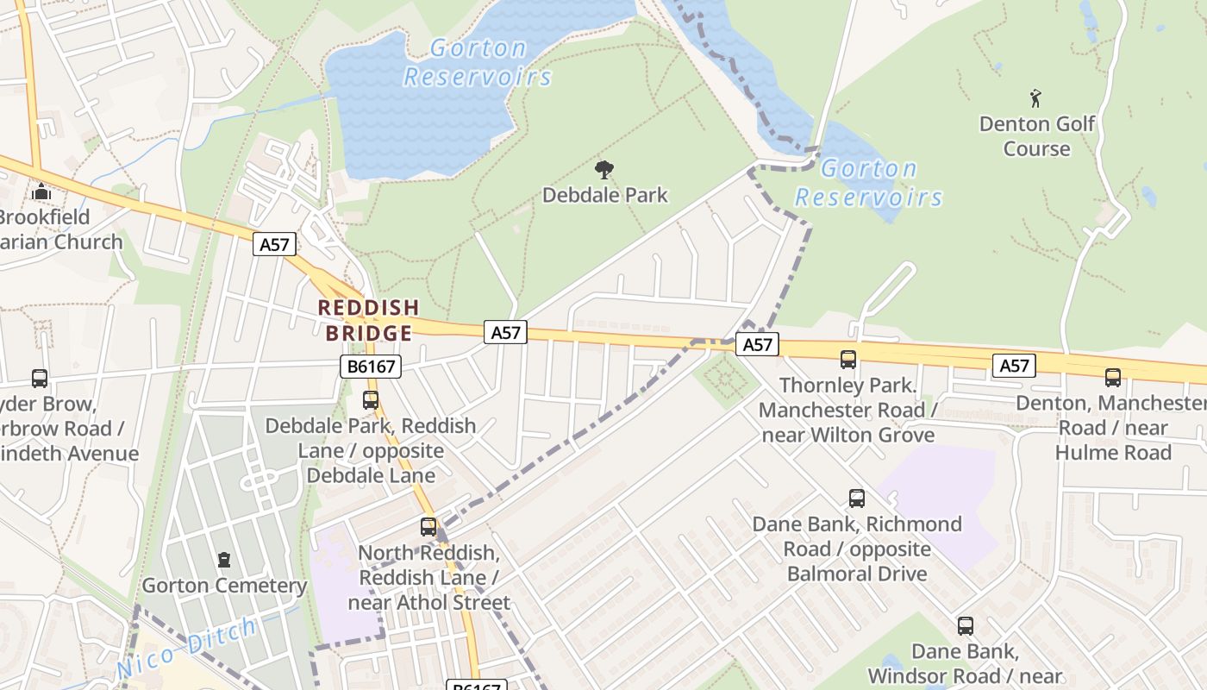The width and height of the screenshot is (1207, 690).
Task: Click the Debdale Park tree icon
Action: [604, 169]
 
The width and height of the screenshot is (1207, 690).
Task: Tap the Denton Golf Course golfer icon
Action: [1035, 98]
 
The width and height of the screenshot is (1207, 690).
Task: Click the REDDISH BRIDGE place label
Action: [368, 320]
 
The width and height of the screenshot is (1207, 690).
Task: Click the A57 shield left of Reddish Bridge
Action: [275, 245]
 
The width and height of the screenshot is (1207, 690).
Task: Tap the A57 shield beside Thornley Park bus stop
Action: [757, 344]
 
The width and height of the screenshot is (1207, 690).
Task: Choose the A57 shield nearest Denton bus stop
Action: [1014, 366]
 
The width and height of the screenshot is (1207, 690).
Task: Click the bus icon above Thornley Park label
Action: [848, 360]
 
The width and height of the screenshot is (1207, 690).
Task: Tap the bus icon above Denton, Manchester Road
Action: [1113, 377]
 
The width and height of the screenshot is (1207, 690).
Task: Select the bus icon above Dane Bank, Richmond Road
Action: [856, 498]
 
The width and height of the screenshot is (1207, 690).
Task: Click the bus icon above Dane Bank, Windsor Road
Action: [966, 626]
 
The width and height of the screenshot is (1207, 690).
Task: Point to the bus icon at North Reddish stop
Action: [428, 526]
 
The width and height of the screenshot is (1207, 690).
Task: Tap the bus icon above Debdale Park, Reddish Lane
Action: [371, 400]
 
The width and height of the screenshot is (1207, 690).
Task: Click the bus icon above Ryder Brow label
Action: [40, 378]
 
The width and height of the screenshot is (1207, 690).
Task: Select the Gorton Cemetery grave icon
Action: [224, 560]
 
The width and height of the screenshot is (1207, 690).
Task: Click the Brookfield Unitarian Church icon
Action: [41, 191]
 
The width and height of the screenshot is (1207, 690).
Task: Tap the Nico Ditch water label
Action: [186, 647]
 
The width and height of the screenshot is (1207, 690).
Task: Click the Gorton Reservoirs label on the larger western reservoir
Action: [477, 62]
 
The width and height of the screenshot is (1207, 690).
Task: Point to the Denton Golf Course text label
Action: [1036, 135]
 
